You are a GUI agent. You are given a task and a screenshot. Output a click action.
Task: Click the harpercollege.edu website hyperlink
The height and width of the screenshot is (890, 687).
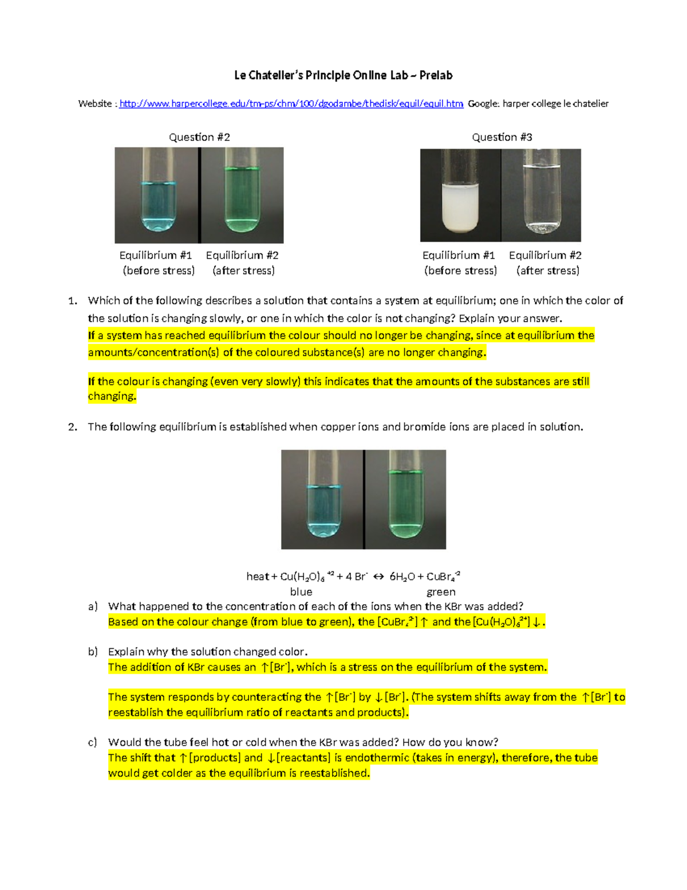[291, 104]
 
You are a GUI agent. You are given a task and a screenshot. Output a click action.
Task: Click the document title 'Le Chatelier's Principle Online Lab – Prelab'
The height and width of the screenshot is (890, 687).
[343, 75]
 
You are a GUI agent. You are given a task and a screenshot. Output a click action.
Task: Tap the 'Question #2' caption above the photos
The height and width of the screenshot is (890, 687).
[199, 137]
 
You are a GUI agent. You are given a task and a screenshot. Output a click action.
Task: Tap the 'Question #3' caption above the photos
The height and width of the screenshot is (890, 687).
[502, 137]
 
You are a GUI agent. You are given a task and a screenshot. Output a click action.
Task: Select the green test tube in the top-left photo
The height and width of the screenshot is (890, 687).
[241, 195]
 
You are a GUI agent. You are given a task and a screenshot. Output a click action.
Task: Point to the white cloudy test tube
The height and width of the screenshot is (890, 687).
[460, 206]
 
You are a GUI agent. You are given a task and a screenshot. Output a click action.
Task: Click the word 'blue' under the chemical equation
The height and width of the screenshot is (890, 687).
[301, 592]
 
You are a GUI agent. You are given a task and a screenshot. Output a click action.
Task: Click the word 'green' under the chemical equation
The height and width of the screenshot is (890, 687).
[441, 592]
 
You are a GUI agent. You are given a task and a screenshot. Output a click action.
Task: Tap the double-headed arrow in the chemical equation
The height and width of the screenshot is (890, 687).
[378, 577]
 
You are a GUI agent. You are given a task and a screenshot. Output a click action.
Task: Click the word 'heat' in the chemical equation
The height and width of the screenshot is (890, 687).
[258, 577]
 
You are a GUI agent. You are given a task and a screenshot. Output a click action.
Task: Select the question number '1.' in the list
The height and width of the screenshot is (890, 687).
[72, 301]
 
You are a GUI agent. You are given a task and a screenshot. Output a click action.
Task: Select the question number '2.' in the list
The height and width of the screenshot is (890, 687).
[72, 427]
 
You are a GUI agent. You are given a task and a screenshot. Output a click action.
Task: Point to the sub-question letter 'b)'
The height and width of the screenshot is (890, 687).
[93, 652]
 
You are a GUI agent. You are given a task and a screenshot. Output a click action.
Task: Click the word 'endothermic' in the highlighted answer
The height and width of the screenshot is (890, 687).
[377, 758]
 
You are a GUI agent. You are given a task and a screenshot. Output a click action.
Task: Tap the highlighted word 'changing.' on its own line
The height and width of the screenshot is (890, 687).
[112, 397]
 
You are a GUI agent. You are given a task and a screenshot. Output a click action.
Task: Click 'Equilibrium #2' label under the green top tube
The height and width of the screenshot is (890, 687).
[242, 256]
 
